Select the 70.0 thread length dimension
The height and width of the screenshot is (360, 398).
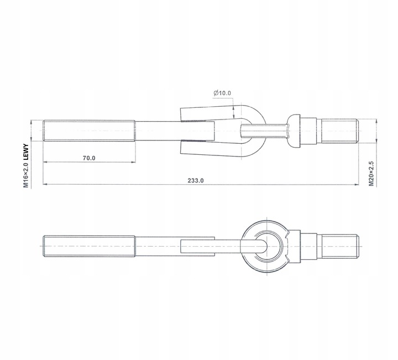tap(89, 158)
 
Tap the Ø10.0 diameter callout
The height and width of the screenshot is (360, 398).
tap(222, 93)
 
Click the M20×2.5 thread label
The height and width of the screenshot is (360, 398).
tap(371, 174)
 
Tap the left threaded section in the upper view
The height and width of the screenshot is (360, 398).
tap(88, 132)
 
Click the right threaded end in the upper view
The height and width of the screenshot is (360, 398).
tap(340, 131)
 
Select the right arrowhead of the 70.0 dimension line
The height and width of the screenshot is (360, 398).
tap(132, 163)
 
